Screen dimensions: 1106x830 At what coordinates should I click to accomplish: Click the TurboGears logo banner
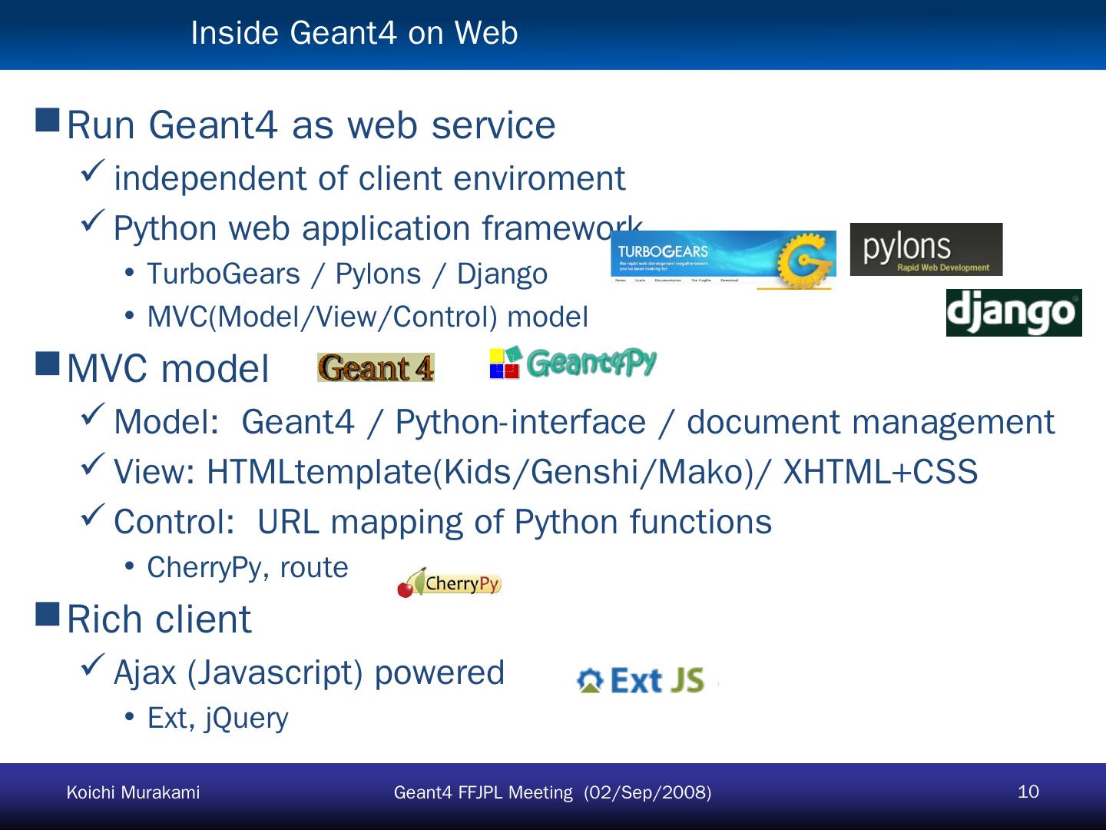pyautogui.click(x=723, y=260)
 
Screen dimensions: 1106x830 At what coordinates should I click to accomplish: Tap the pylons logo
pyautogui.click(x=926, y=250)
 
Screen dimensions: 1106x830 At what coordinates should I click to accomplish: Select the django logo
pyautogui.click(x=1014, y=313)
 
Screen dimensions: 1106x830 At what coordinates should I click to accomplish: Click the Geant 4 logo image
pyautogui.click(x=376, y=367)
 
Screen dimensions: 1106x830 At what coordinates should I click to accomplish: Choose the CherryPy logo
pyautogui.click(x=449, y=583)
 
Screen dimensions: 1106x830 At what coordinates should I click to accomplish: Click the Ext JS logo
pyautogui.click(x=641, y=681)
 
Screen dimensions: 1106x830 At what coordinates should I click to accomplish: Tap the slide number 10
pyautogui.click(x=1028, y=792)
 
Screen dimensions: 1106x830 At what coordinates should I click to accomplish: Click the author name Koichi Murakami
pyautogui.click(x=133, y=792)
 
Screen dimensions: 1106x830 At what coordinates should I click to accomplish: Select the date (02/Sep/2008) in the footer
pyautogui.click(x=647, y=792)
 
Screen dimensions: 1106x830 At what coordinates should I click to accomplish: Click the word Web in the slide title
pyautogui.click(x=486, y=33)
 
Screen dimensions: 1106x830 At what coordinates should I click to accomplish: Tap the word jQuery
pyautogui.click(x=247, y=718)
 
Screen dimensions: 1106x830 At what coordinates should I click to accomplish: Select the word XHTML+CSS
pyautogui.click(x=880, y=472)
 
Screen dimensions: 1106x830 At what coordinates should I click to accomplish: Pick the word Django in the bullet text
pyautogui.click(x=502, y=274)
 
